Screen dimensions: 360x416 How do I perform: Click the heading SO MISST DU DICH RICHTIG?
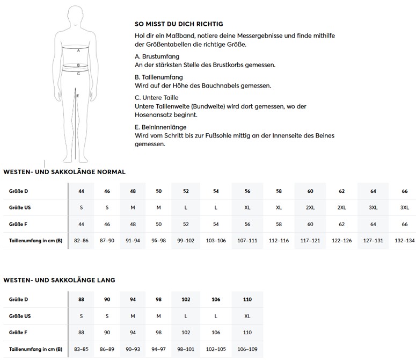179,24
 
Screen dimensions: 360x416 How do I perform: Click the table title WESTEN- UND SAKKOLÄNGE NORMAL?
64,172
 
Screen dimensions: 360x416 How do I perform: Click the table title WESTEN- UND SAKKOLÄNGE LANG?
59,280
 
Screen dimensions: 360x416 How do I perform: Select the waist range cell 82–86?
81,240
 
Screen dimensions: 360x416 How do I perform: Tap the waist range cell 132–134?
404,240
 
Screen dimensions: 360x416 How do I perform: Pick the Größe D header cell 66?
404,191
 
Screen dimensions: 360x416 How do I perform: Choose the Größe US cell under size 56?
247,207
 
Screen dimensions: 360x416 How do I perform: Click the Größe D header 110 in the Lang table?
247,299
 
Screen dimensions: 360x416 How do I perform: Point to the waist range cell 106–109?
247,349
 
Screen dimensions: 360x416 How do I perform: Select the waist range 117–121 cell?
310,240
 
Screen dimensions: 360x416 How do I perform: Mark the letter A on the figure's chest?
78,50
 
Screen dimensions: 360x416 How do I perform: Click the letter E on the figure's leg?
78,96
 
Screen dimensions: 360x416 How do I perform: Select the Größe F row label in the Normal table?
19,224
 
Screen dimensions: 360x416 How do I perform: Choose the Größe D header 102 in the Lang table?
186,299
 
